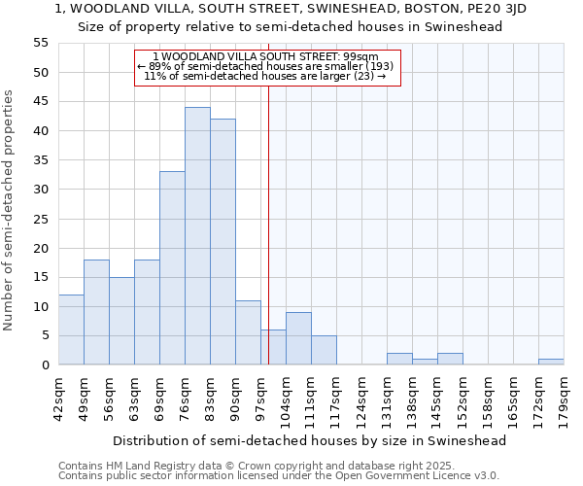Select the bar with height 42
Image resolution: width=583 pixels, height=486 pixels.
click(223, 242)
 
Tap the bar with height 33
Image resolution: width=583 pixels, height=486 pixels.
click(172, 268)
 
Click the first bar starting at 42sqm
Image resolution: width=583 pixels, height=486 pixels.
click(71, 330)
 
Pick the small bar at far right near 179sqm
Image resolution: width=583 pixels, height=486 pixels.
click(551, 362)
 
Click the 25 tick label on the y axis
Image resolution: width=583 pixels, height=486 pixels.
click(40, 219)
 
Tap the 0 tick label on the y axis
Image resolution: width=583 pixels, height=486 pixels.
click(44, 365)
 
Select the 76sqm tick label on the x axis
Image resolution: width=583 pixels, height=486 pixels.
click(185, 399)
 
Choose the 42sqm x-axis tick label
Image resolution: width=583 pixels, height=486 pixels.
click(58, 399)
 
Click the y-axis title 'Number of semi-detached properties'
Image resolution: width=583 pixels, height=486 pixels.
click(10, 210)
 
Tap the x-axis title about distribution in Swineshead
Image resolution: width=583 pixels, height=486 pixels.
click(309, 440)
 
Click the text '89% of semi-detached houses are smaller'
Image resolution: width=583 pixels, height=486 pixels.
click(266, 66)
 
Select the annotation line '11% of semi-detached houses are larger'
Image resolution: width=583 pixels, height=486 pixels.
click(266, 76)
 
